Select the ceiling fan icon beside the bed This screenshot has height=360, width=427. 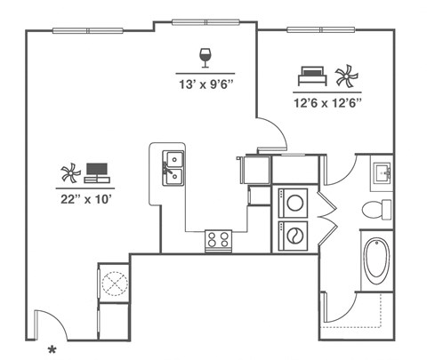click(345, 76)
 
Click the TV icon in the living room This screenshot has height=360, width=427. click(97, 172)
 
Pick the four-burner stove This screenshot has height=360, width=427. click(218, 238)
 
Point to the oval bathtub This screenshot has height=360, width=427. click(376, 261)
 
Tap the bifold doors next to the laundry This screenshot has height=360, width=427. click(328, 213)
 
